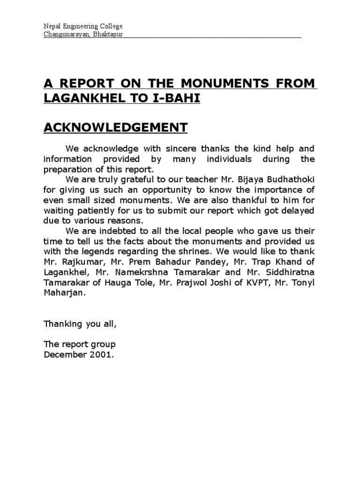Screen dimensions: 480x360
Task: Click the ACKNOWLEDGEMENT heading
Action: click(x=115, y=127)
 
